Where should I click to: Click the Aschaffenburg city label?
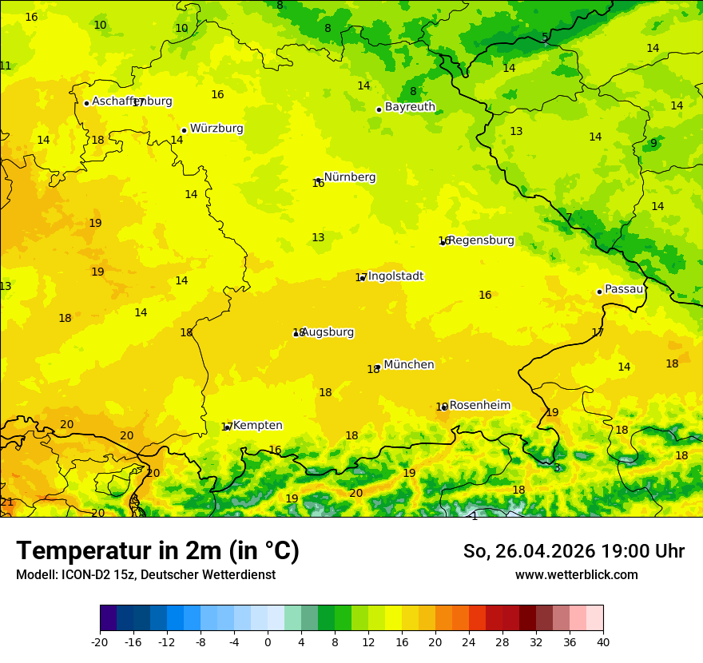point(132,101)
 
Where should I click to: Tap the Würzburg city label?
point(216,129)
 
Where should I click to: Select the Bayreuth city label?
point(410,107)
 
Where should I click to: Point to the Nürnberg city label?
point(350,177)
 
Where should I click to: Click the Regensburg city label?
point(481,240)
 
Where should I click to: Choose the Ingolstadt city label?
point(395,276)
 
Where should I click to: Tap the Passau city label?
point(624,289)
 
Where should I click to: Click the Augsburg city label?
point(328,332)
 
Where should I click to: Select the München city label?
point(409,365)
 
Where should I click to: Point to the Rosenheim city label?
point(479,406)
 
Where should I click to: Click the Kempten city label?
point(257,426)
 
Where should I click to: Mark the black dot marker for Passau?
point(599,292)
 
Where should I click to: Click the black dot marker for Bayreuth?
point(379,109)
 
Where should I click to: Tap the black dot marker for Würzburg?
point(184,130)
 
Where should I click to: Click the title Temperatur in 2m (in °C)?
point(157,551)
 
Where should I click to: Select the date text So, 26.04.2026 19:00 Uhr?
point(574,551)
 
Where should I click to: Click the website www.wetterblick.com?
point(576,575)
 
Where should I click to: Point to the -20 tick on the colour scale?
point(100,641)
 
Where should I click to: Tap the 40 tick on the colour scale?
point(603,641)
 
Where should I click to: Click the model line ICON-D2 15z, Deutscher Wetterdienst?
point(145,575)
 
